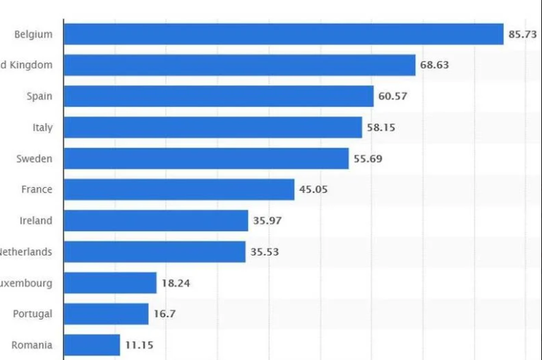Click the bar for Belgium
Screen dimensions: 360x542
[283, 34]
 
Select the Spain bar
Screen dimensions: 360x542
[218, 96]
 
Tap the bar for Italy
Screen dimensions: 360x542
[212, 127]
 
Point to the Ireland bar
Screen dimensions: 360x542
[156, 220]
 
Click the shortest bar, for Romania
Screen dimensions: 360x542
[92, 345]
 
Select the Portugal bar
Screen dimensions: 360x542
[106, 313]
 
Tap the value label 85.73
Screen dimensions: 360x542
[522, 34]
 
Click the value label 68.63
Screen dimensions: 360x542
[434, 65]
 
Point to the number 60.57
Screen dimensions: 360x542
[392, 96]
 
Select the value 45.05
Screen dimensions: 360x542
[313, 189]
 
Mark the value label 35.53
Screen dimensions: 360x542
[265, 251]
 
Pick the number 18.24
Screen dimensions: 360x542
[176, 283]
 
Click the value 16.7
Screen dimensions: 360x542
[164, 313]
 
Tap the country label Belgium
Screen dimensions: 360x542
[33, 34]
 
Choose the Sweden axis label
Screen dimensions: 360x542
[35, 158]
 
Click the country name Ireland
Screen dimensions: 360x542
[36, 220]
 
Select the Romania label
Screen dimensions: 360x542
[32, 345]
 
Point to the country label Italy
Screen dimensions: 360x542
[42, 127]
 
